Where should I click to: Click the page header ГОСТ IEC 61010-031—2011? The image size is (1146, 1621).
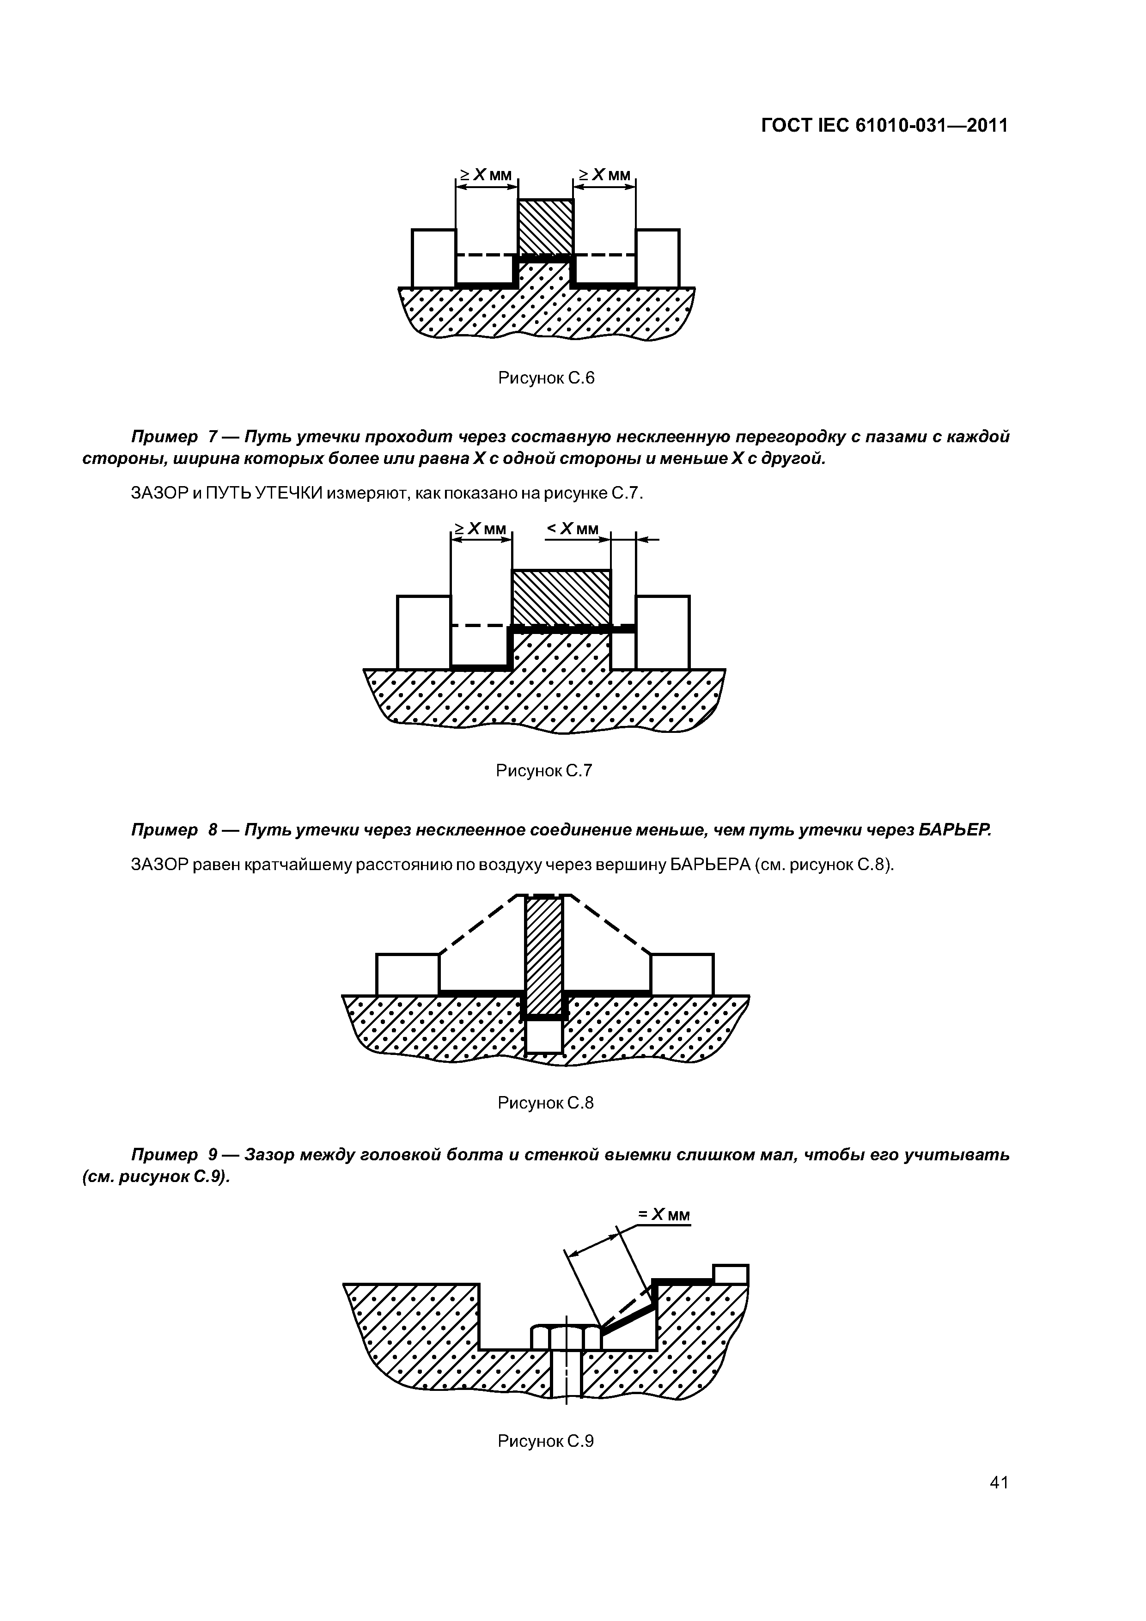click(x=884, y=126)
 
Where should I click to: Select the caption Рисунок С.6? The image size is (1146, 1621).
click(x=546, y=378)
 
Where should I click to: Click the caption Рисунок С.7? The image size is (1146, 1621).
click(x=544, y=770)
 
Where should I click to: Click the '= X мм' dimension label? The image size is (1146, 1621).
click(x=664, y=1214)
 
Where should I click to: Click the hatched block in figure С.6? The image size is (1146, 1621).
click(x=545, y=227)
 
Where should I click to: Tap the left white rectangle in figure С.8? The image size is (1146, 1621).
click(x=408, y=974)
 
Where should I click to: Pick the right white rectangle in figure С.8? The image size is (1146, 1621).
click(x=682, y=974)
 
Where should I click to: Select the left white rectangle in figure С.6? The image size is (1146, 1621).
click(x=433, y=258)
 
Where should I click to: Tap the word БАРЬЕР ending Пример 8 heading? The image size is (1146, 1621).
click(x=955, y=830)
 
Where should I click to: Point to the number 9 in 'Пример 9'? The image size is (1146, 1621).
click(x=213, y=1155)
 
